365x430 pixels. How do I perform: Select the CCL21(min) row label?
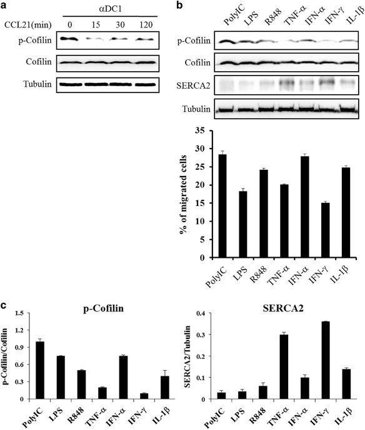click(x=24, y=25)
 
